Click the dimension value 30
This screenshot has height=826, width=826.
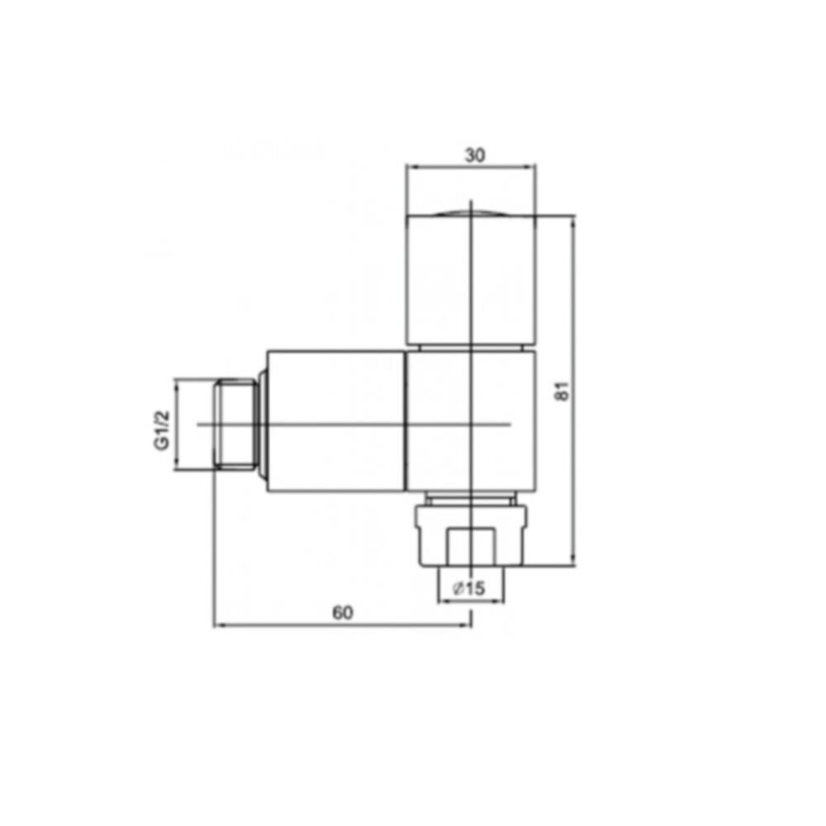click(x=475, y=155)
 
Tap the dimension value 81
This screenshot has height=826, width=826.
click(x=563, y=391)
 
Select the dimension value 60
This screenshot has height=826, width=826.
click(x=343, y=613)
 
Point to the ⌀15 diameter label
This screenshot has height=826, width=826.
click(x=469, y=588)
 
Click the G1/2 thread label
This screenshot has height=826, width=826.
click(x=162, y=430)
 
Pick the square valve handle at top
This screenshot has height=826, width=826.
click(x=471, y=278)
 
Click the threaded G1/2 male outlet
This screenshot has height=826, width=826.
click(x=235, y=424)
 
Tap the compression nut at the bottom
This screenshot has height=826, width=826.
click(x=471, y=536)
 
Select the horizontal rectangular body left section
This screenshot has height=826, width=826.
click(x=335, y=421)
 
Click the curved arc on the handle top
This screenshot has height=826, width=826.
click(x=471, y=212)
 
